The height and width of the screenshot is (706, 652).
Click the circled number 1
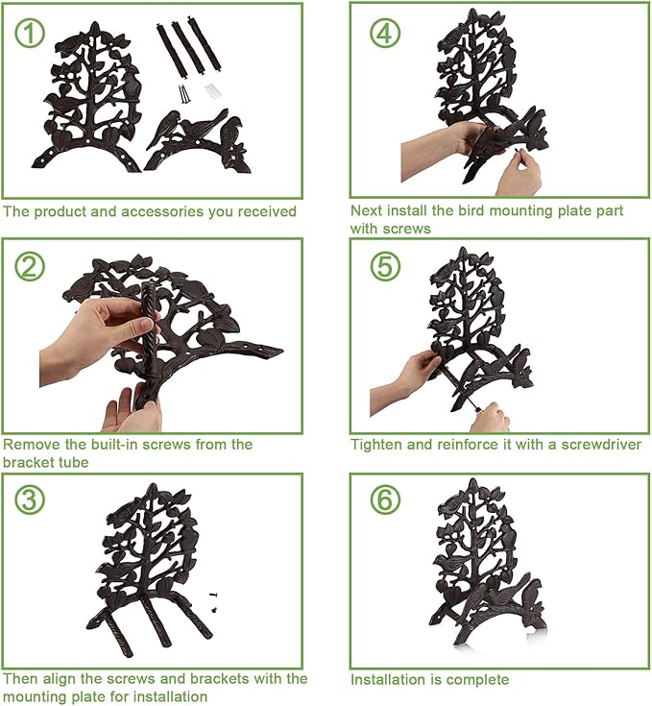pos(30,33)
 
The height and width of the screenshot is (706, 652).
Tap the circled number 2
pos(30,266)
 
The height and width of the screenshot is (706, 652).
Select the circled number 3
pos(30,499)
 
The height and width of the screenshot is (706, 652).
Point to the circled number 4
pos(385,33)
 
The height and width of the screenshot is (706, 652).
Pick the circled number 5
pos(385,266)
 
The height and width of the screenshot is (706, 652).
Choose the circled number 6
pos(385,499)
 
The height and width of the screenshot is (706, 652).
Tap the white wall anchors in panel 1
pos(213,92)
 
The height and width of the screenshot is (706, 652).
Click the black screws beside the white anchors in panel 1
pos(184,93)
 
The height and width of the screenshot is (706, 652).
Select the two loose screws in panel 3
pos(215,602)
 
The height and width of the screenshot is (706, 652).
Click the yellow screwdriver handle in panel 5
pos(479,410)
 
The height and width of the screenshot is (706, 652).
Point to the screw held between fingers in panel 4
pos(516,152)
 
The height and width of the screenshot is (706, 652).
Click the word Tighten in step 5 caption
pos(376,445)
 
